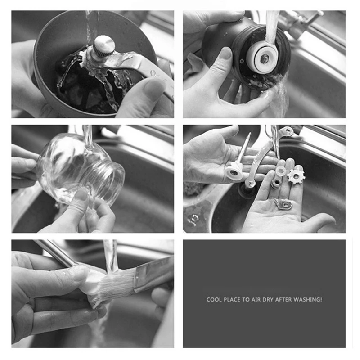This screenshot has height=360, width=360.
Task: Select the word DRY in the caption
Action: (x=268, y=299)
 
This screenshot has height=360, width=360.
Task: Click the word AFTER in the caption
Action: (x=285, y=299)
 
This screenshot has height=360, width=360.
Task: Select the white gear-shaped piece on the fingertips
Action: (x=296, y=176)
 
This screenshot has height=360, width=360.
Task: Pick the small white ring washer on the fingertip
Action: (x=281, y=171)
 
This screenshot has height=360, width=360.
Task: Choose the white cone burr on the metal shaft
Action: (x=234, y=171)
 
